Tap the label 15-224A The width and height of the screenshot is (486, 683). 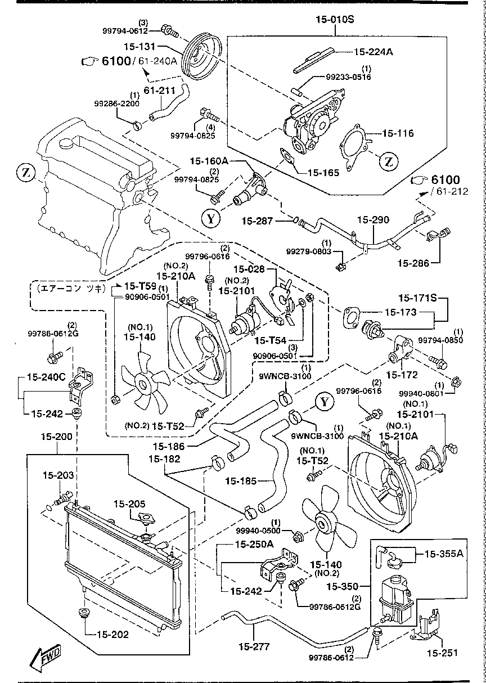pyautogui.click(x=373, y=52)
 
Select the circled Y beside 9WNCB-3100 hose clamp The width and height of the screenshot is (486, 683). pyautogui.click(x=325, y=402)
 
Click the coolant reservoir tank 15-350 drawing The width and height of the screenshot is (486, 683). pyautogui.click(x=396, y=599)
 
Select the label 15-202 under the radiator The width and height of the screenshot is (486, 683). pyautogui.click(x=112, y=635)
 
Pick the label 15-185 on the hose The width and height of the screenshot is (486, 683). pyautogui.click(x=241, y=481)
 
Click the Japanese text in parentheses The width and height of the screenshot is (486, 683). pyautogui.click(x=68, y=287)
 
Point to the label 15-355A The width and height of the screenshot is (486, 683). pyautogui.click(x=443, y=554)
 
